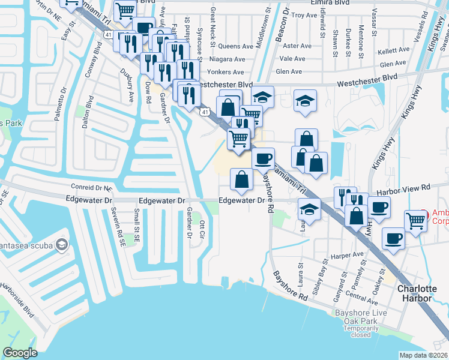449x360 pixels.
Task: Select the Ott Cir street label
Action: click(202, 229)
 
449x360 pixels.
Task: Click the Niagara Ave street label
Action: click(231, 59)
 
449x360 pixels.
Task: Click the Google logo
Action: click(20, 353)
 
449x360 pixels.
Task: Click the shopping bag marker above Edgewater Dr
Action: click(241, 179)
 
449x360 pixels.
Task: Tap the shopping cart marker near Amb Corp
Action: click(415, 221)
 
